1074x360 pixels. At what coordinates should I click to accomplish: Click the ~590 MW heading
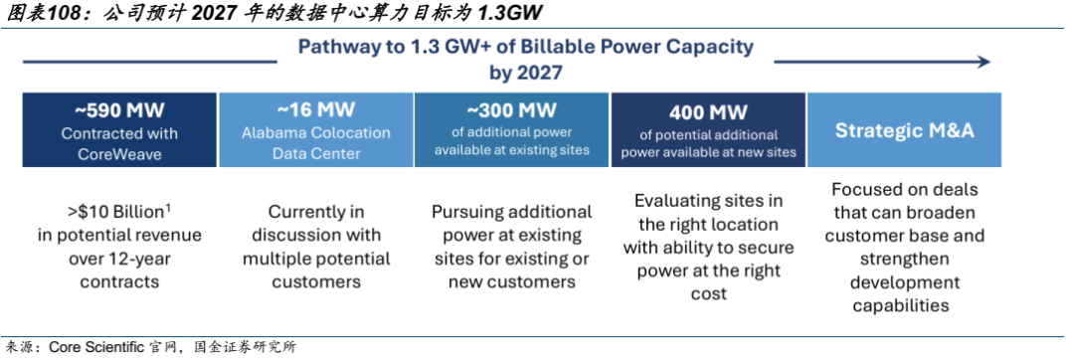point(120,110)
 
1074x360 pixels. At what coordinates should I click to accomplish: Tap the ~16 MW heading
point(316,110)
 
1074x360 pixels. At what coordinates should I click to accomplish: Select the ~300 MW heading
point(512,110)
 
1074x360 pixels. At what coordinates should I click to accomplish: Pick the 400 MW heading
point(708,112)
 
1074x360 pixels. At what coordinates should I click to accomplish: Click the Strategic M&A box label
point(904,130)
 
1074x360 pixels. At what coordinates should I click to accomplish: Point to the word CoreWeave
point(120,154)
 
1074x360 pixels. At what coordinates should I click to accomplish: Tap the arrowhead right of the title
point(984,63)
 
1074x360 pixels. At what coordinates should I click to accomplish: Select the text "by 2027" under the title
point(525,72)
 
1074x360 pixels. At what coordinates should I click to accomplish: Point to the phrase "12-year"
point(135,259)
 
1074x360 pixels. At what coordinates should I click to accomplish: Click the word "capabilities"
point(901,304)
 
